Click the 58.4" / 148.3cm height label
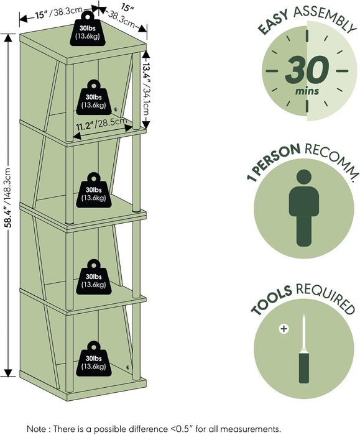(x=9, y=198)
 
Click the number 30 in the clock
(x=307, y=70)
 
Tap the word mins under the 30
(x=307, y=91)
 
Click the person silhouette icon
(x=303, y=208)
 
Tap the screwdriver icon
(x=303, y=349)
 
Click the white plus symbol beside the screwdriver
(x=284, y=329)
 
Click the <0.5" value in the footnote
(x=182, y=428)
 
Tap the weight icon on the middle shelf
(x=94, y=190)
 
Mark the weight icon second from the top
(x=94, y=98)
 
